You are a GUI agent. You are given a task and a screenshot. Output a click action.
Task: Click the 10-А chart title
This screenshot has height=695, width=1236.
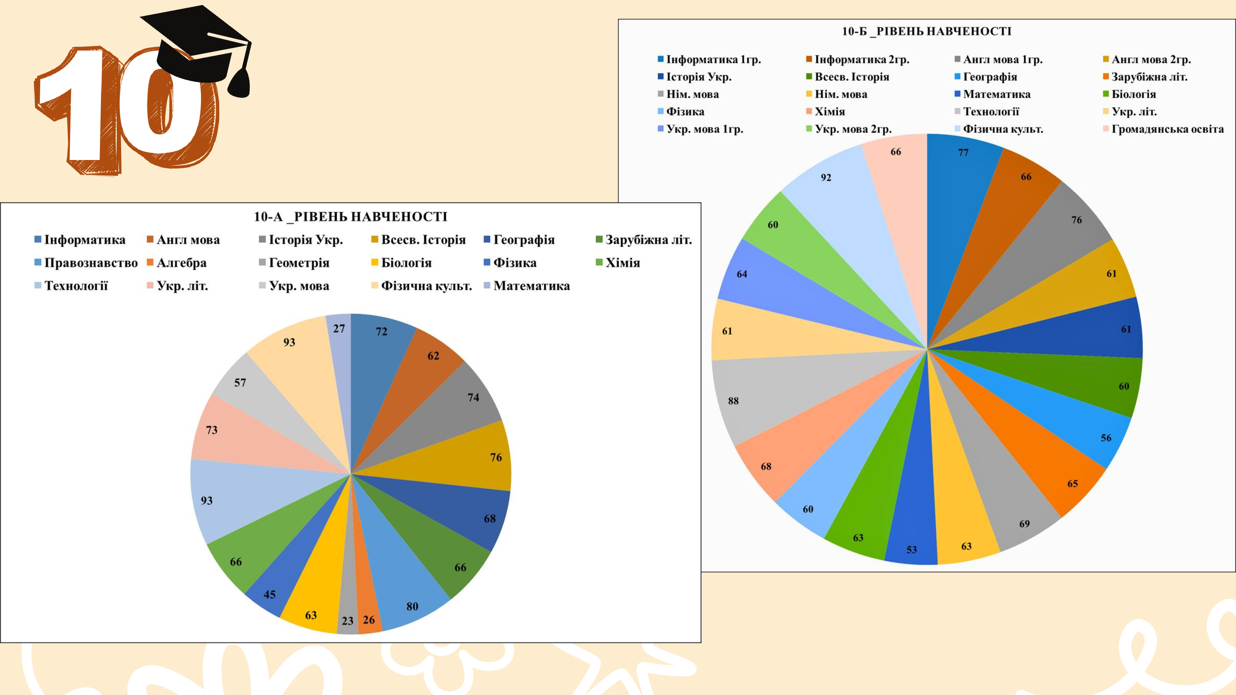pos(350,217)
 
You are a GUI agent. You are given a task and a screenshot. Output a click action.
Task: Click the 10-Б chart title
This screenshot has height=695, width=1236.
pos(926,32)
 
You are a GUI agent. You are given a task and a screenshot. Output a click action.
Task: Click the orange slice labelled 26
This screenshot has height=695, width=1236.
pos(367,614)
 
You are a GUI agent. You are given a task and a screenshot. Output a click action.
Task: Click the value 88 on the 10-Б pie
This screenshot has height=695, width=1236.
pos(733,401)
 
